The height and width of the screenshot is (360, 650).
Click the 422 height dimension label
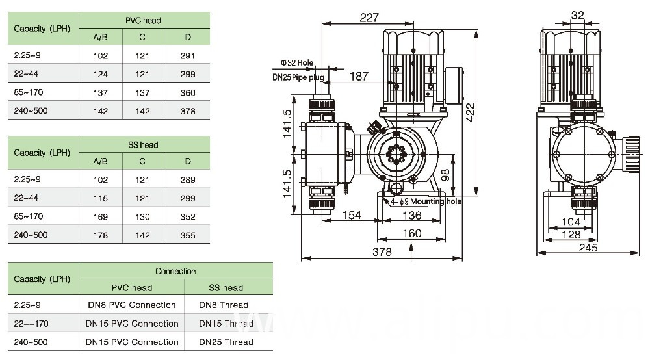tap(470, 112)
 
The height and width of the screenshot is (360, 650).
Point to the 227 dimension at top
tap(369, 18)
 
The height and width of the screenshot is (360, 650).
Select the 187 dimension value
tap(359, 77)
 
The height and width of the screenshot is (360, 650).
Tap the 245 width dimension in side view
tap(588, 248)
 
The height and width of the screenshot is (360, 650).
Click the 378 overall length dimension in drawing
tap(382, 252)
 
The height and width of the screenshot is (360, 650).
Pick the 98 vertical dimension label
tap(446, 175)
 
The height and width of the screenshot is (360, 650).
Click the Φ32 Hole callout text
tap(297, 63)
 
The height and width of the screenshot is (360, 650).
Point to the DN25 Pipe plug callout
tap(298, 77)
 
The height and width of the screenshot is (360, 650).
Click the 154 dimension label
tap(352, 215)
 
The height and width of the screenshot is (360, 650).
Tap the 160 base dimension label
tap(411, 234)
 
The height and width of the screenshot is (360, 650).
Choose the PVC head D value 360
tap(188, 93)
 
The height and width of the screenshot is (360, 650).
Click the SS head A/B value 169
tap(100, 217)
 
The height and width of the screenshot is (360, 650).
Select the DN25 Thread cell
tap(226, 342)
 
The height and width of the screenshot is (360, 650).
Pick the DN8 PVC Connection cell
tap(132, 305)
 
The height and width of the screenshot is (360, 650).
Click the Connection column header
tap(175, 272)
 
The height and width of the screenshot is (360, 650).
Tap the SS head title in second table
tap(143, 145)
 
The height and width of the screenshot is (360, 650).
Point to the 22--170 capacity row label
tap(31, 324)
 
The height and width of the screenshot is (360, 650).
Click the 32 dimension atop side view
tap(577, 16)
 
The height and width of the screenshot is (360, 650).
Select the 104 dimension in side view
tap(571, 222)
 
